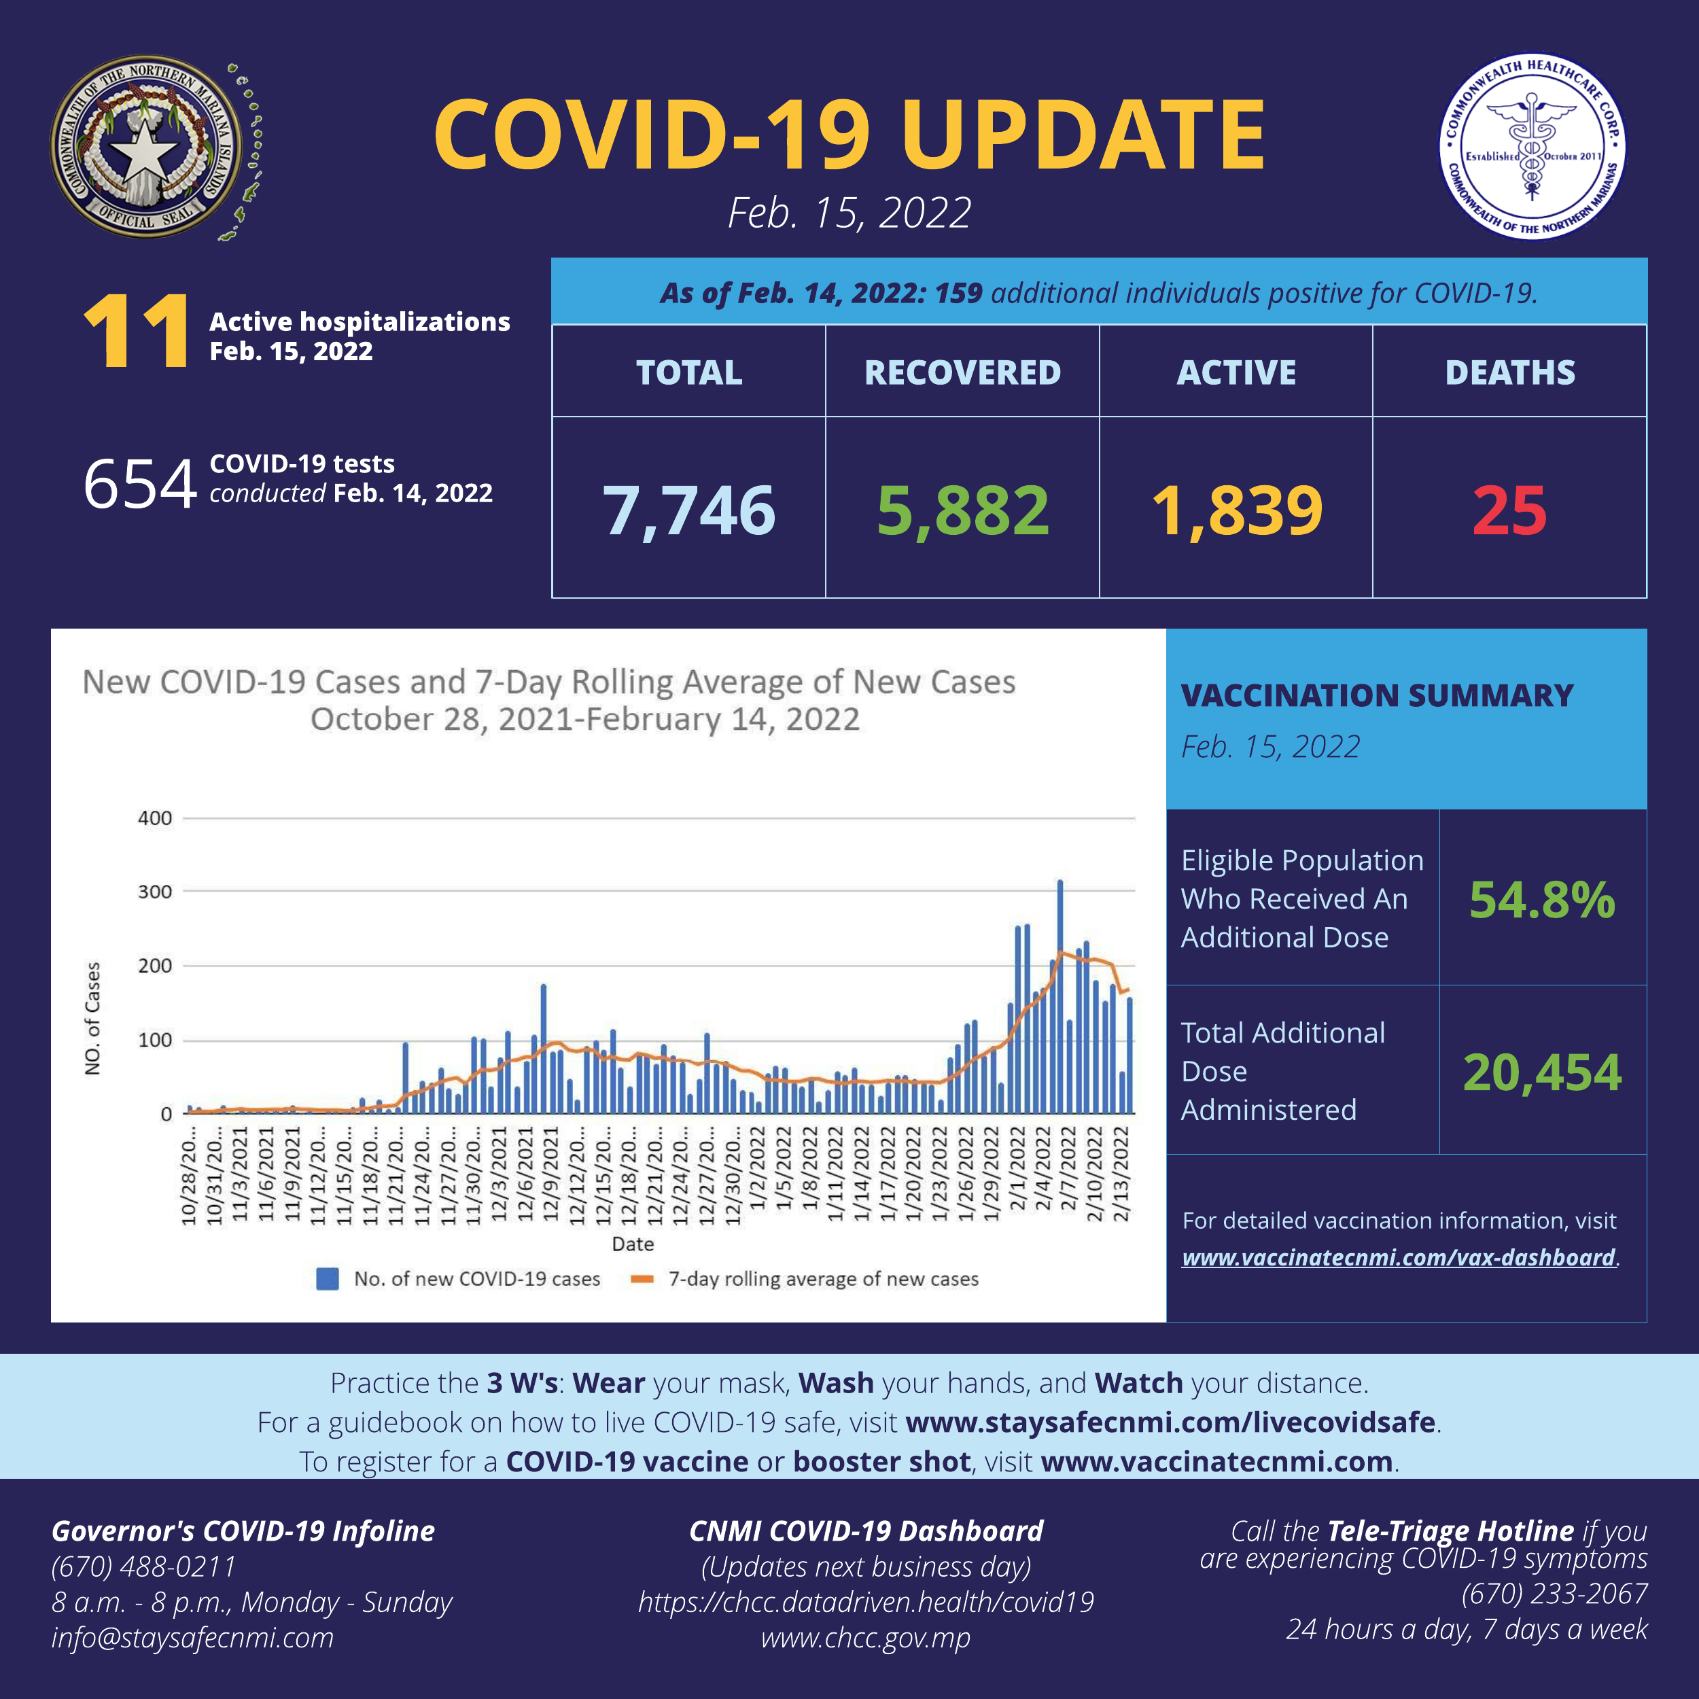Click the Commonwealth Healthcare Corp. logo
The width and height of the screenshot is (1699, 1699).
(x=1531, y=146)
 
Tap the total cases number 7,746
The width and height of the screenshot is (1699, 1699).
(x=688, y=510)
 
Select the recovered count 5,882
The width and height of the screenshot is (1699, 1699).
(x=963, y=510)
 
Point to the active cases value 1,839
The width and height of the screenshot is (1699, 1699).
(x=1236, y=510)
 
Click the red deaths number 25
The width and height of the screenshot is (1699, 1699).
(x=1509, y=510)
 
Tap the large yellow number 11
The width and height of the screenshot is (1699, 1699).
(x=137, y=333)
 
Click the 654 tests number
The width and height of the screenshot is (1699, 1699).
(x=139, y=484)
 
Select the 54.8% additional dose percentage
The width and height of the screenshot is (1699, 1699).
(x=1541, y=900)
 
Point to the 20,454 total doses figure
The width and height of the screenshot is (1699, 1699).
(x=1541, y=1072)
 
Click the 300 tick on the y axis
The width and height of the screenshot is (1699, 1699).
(x=155, y=892)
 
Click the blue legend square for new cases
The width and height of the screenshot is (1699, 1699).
(x=327, y=1278)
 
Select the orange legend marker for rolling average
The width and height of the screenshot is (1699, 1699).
(x=642, y=1278)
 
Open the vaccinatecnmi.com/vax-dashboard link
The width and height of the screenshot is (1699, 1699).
(x=1398, y=1257)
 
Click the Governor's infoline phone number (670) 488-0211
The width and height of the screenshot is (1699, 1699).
(x=144, y=1566)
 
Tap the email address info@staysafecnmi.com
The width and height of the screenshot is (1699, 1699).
(x=192, y=1637)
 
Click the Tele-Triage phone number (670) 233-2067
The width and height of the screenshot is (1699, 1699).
(x=1554, y=1594)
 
